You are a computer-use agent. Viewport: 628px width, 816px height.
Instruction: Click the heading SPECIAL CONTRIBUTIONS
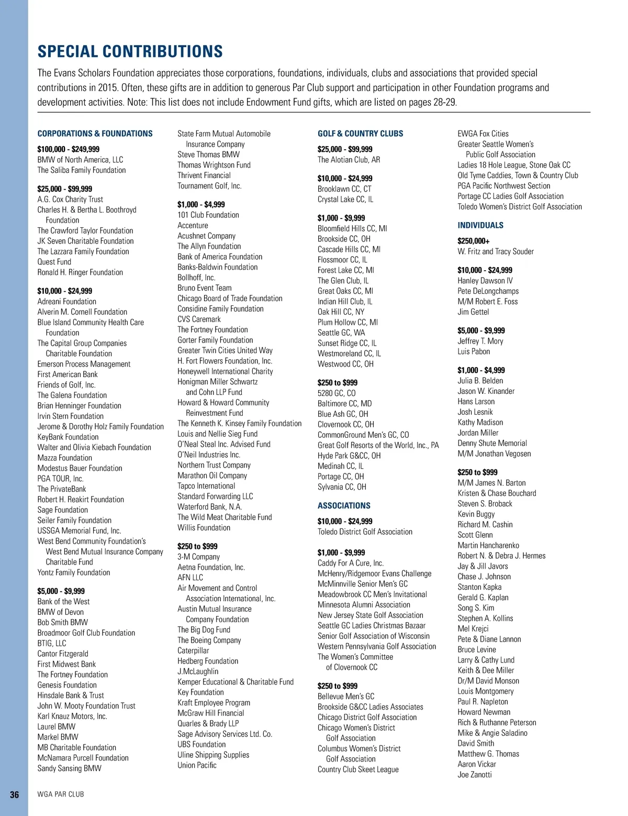[130, 51]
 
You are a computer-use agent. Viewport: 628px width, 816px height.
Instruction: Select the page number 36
[15, 795]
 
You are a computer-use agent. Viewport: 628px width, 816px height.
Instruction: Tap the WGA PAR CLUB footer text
[61, 795]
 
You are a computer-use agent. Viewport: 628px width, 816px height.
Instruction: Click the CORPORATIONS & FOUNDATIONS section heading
[95, 134]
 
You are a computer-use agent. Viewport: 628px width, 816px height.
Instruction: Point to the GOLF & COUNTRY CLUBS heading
[360, 134]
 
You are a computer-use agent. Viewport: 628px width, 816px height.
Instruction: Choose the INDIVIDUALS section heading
[480, 225]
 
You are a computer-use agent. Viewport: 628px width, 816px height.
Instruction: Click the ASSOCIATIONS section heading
[344, 505]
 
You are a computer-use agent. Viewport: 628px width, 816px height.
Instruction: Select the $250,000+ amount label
[474, 241]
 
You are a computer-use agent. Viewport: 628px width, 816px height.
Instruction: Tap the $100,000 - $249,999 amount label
[68, 149]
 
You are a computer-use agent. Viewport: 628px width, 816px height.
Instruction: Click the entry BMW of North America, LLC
[80, 160]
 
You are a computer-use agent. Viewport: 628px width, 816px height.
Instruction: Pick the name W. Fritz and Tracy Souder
[496, 251]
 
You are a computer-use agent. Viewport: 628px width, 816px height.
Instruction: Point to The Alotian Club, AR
[349, 160]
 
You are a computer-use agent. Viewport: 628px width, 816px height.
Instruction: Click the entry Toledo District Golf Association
[365, 532]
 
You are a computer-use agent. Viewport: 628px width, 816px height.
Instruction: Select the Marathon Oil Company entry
[212, 476]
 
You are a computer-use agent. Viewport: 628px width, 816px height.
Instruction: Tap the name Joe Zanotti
[475, 775]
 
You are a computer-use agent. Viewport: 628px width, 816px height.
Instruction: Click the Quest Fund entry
[54, 262]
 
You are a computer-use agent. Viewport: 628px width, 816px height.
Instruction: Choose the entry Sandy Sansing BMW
[69, 768]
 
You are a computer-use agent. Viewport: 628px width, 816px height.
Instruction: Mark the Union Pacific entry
[197, 765]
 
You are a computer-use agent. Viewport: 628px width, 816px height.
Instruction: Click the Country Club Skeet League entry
[358, 769]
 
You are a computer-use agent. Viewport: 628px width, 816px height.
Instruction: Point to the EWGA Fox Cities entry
[483, 134]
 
